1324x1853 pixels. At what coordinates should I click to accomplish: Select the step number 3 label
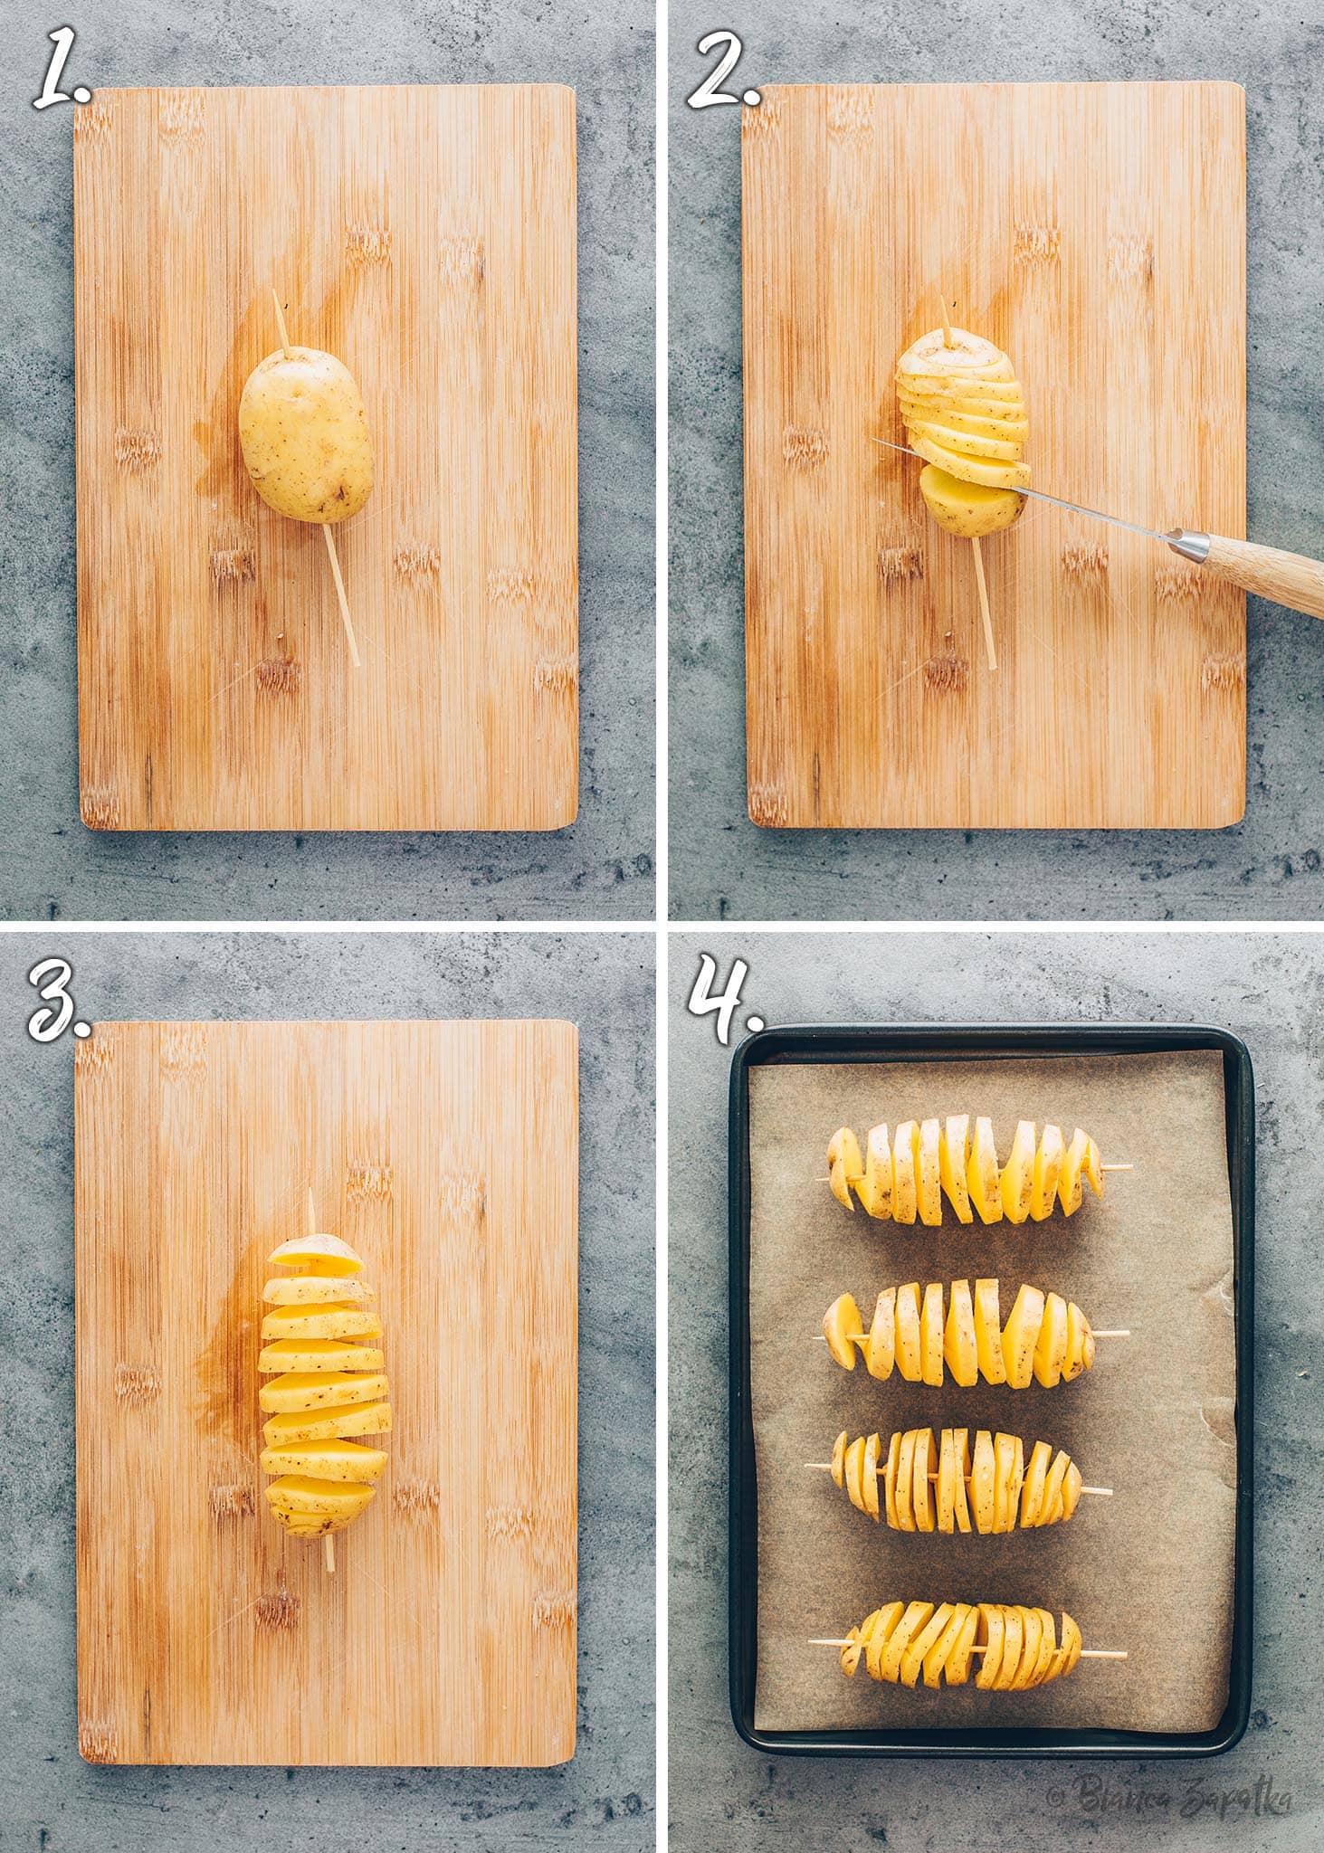click(60, 1000)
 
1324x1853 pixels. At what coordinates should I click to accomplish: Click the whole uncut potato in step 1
click(307, 436)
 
